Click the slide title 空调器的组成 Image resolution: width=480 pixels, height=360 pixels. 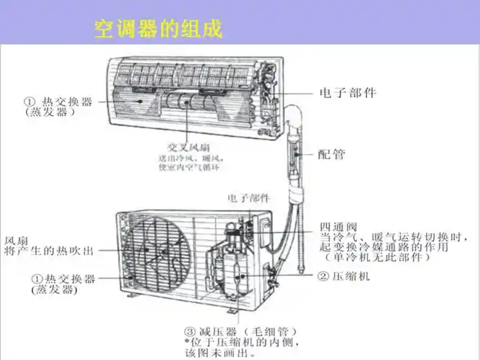click(x=158, y=29)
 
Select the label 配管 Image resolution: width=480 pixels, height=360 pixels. click(x=332, y=153)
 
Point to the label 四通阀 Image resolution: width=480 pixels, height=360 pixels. click(x=339, y=225)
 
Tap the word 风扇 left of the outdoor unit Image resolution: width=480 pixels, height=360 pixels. click(x=17, y=239)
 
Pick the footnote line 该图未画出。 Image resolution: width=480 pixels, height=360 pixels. click(x=219, y=354)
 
